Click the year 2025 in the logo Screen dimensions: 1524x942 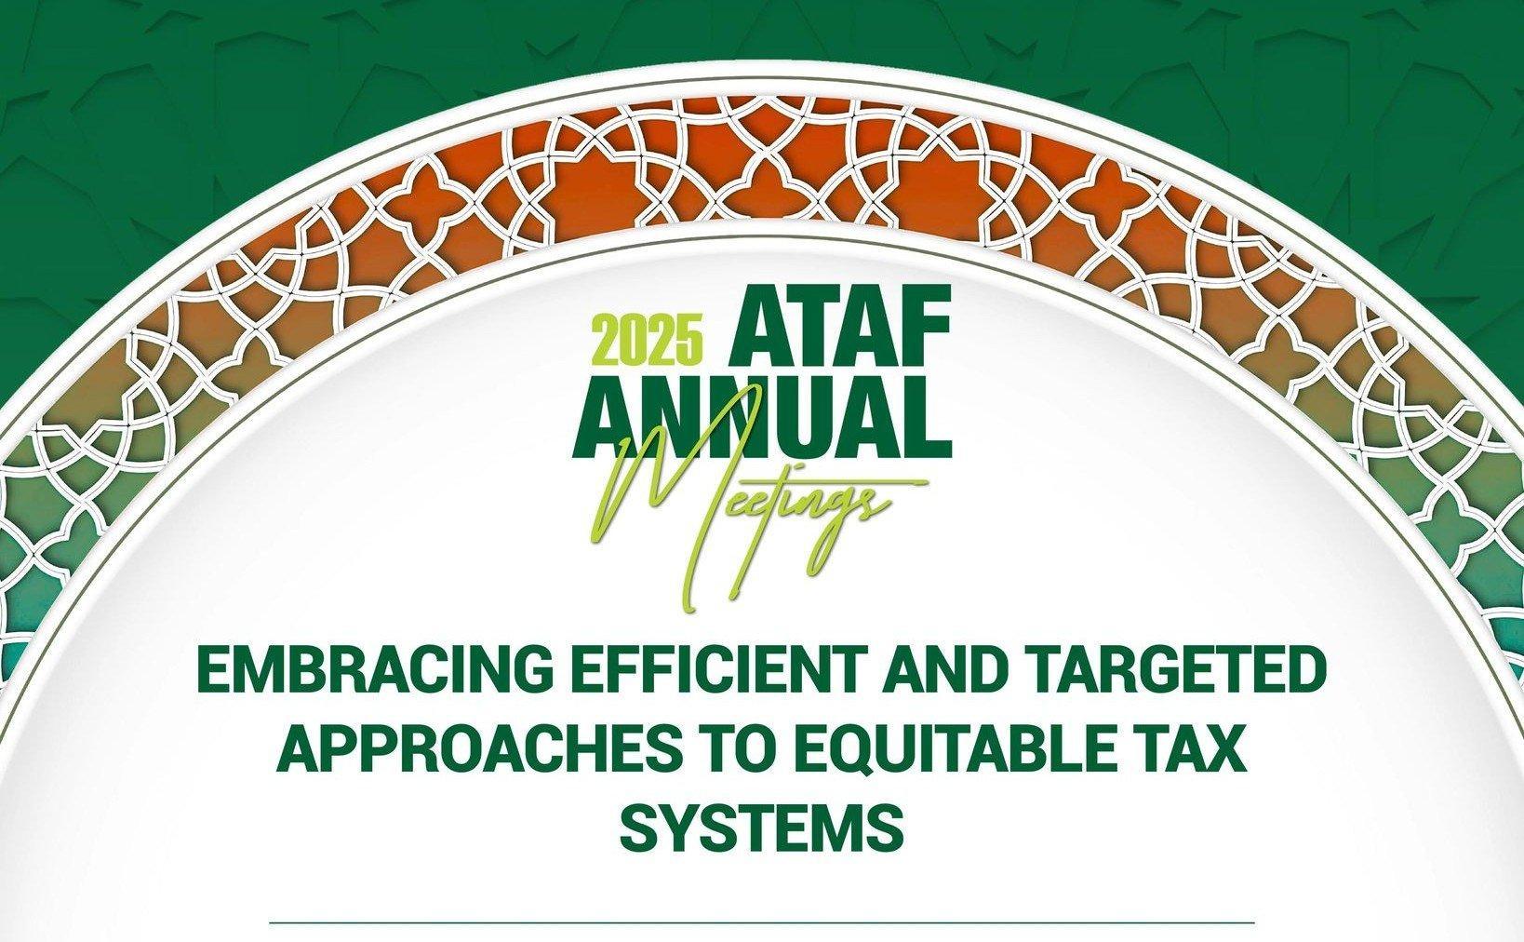tap(648, 341)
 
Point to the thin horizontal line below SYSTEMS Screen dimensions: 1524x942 tap(762, 923)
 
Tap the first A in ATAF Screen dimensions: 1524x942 tap(757, 326)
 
